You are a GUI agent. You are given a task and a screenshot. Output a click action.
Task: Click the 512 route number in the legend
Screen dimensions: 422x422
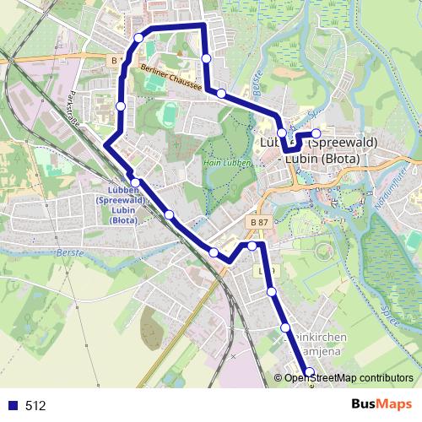pos(35,406)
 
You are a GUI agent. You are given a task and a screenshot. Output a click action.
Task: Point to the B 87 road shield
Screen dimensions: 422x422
pos(261,221)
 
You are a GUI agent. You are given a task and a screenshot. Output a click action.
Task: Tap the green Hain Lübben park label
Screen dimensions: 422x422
pos(224,161)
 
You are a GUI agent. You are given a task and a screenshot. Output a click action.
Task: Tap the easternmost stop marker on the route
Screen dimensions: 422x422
pos(316,133)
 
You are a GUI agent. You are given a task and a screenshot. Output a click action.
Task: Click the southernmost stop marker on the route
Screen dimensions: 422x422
pos(309,372)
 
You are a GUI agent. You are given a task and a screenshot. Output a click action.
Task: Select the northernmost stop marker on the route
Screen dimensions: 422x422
pos(139,38)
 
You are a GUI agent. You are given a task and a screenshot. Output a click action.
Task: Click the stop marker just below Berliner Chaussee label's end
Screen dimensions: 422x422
pos(221,93)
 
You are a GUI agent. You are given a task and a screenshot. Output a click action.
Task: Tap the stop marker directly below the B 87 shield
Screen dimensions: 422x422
pos(252,246)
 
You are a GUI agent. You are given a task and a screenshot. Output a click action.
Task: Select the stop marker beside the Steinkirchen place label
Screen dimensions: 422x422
pos(285,327)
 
